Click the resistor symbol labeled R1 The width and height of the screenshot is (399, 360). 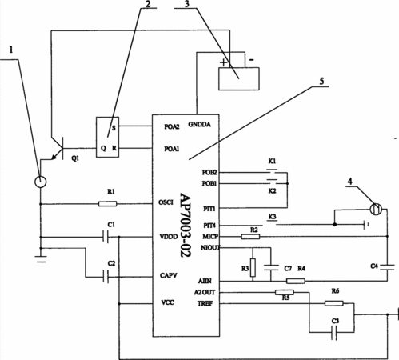click(107, 204)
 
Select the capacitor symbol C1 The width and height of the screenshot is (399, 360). click(106, 237)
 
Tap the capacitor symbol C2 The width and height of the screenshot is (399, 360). click(106, 277)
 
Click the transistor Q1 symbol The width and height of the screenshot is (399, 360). click(58, 149)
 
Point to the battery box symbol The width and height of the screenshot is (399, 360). click(239, 78)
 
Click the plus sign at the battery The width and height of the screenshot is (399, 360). click(224, 63)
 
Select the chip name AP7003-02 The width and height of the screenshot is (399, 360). click(186, 226)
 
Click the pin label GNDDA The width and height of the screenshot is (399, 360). click(199, 125)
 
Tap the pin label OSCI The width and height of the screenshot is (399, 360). click(166, 202)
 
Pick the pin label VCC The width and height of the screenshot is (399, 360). click(168, 302)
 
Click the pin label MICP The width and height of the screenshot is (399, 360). click(210, 237)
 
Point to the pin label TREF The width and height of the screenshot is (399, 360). click(205, 303)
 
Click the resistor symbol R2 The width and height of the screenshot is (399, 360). click(250, 237)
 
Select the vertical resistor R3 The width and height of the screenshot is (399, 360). click(253, 267)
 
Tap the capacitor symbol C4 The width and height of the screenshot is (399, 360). click(387, 267)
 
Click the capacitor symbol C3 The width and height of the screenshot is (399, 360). click(334, 333)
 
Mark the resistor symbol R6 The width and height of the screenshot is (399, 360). click(334, 303)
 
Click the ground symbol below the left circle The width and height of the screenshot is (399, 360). click(41, 259)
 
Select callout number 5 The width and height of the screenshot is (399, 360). click(322, 81)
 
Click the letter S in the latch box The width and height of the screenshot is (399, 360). click(114, 128)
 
